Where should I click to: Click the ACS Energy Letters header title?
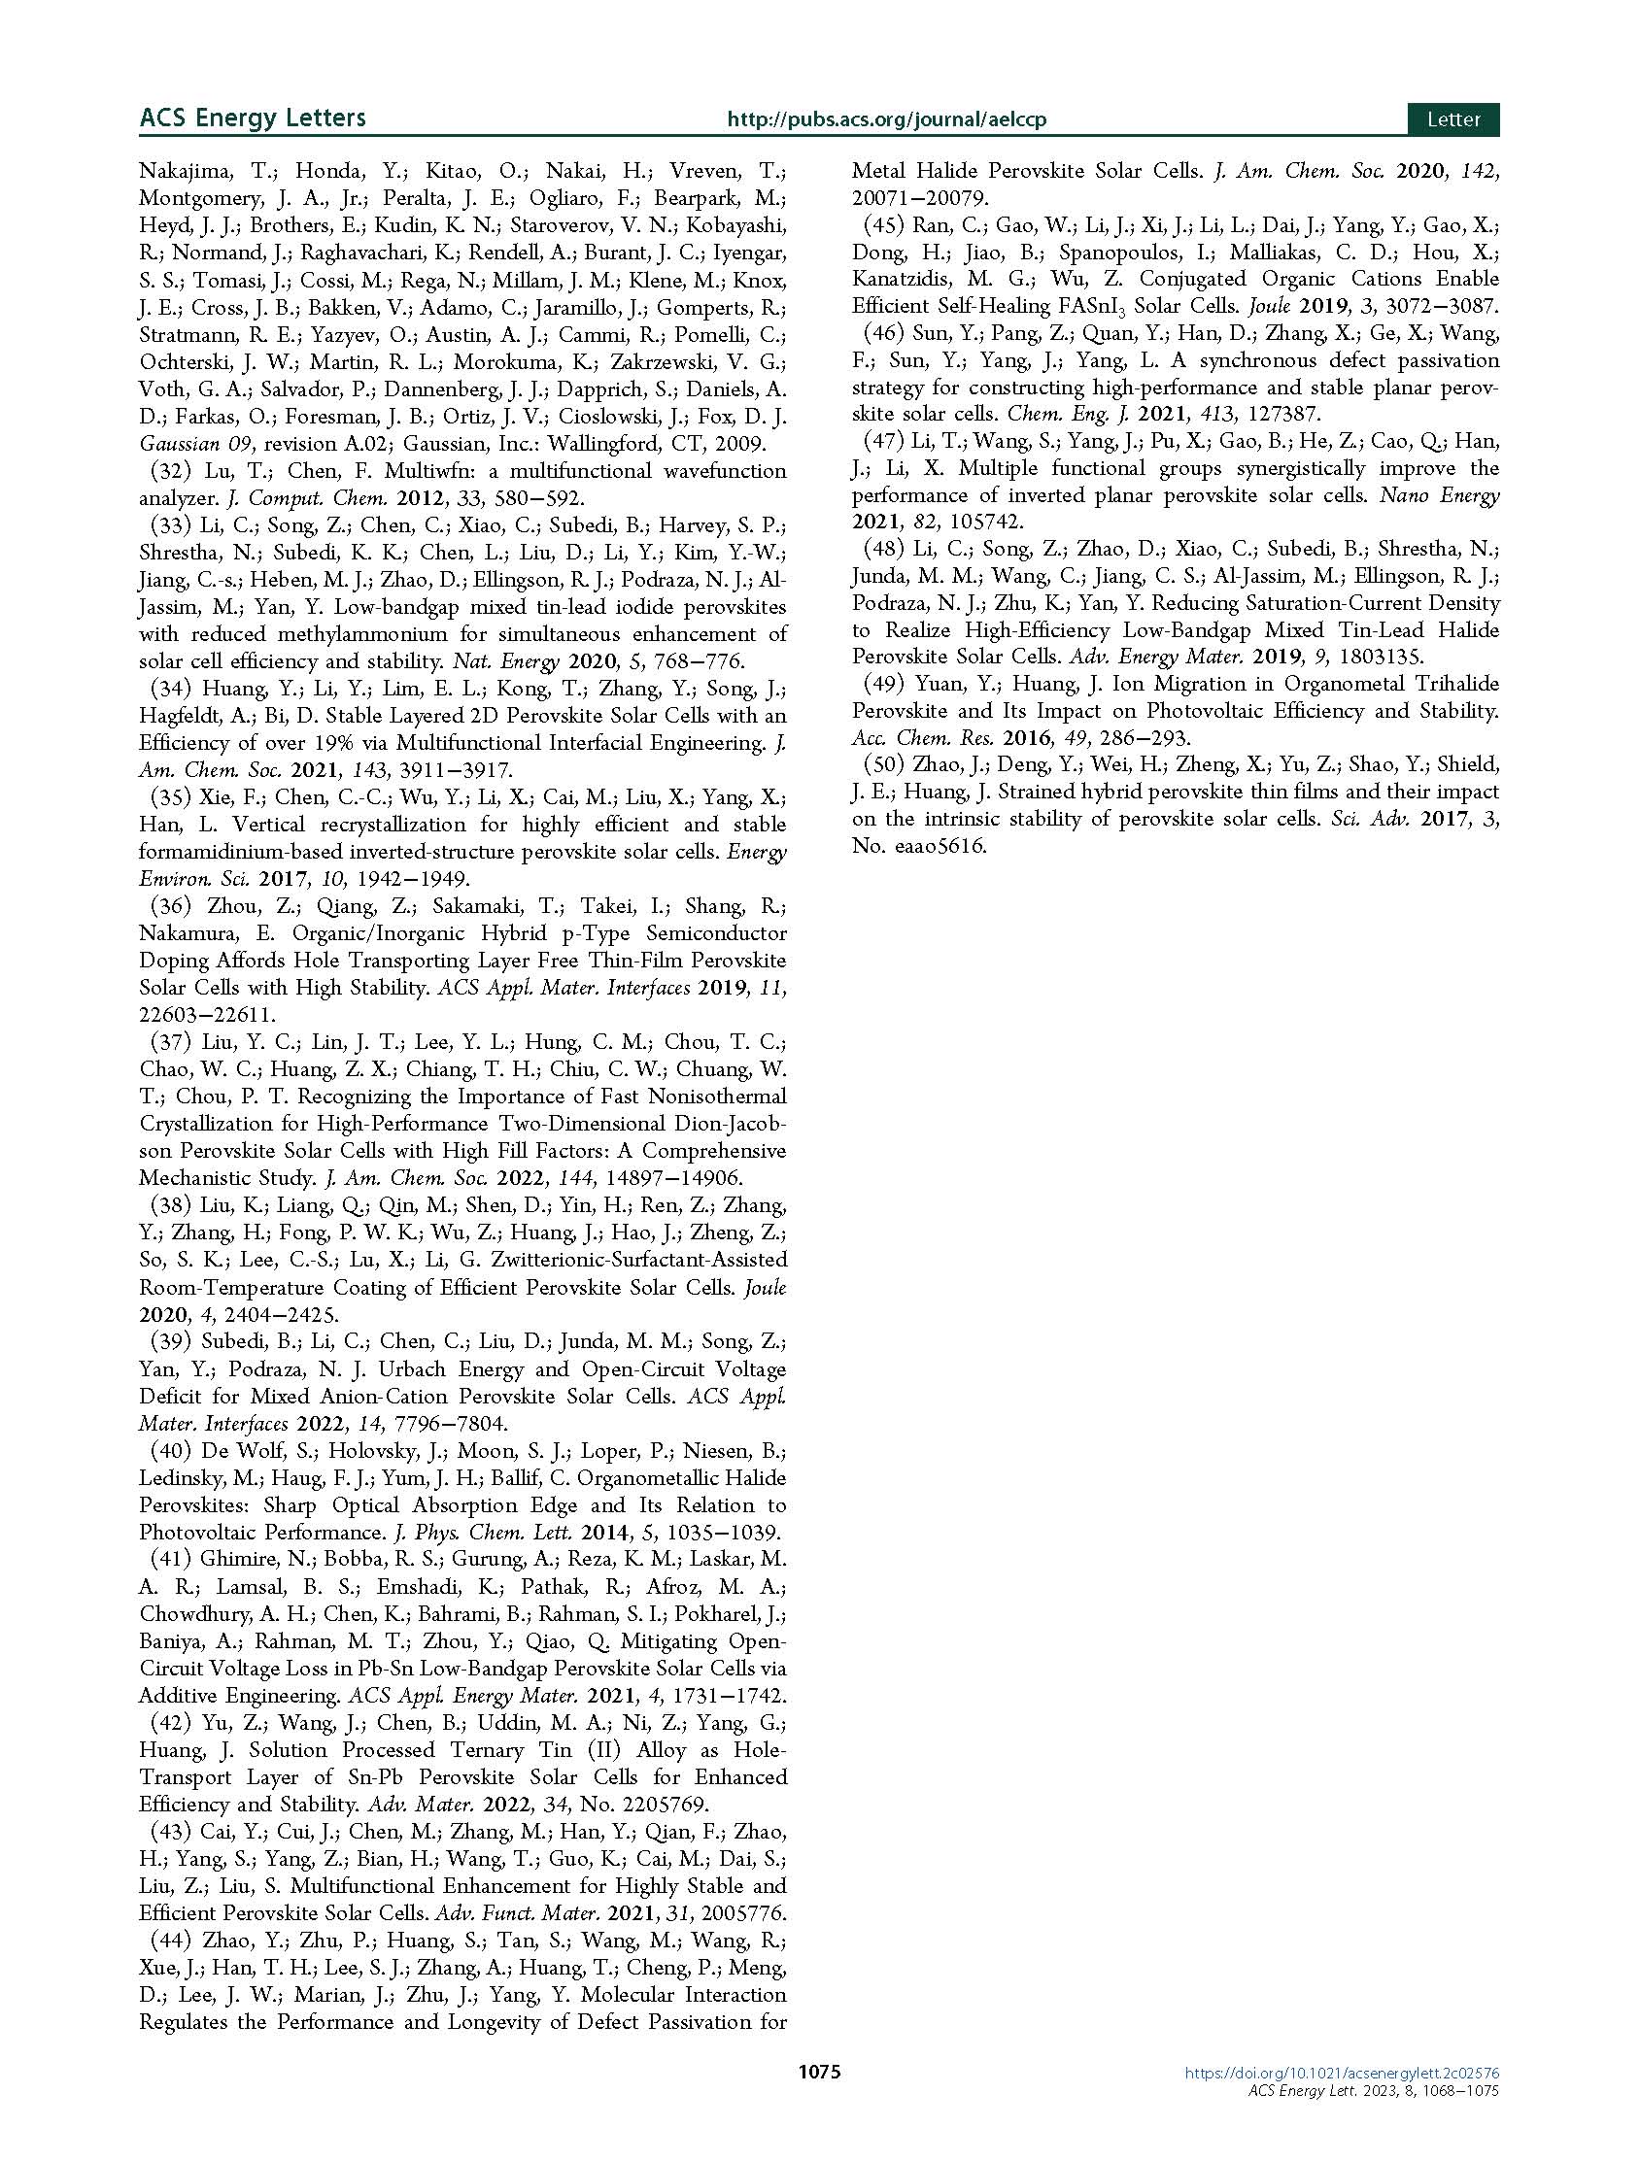coord(253,118)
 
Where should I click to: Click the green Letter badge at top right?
coord(1452,119)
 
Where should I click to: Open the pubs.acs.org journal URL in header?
coord(886,120)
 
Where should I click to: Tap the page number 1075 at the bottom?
coord(819,2100)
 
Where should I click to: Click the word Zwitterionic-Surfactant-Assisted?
coord(605,1261)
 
